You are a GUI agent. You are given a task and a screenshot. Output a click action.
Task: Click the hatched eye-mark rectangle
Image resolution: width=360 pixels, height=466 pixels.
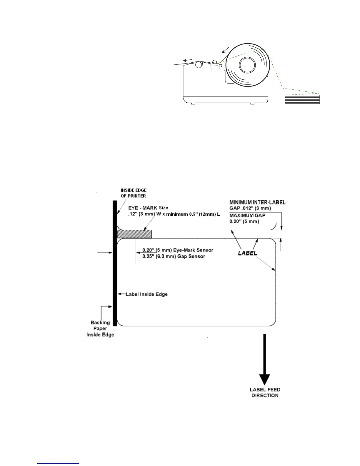(134, 234)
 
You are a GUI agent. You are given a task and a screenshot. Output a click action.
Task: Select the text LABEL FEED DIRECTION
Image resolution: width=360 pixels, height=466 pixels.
(265, 392)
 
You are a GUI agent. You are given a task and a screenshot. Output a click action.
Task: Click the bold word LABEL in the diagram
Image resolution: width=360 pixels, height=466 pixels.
(247, 253)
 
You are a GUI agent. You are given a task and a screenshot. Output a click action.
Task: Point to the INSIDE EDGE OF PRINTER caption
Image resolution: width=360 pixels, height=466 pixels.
(133, 193)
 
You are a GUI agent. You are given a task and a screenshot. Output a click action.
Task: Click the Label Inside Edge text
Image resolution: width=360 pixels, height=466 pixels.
(147, 294)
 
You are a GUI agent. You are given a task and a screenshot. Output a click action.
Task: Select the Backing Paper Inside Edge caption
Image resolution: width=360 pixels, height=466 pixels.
(100, 329)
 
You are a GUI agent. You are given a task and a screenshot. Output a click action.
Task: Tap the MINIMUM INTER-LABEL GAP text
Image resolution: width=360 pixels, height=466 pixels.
(257, 205)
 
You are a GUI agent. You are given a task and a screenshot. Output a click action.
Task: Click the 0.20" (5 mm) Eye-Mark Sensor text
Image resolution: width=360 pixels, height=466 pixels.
(178, 250)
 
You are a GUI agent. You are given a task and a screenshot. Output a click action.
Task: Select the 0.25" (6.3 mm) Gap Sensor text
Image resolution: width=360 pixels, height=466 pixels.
(174, 256)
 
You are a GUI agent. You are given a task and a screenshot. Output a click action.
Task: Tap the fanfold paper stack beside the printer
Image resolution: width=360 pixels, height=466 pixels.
(302, 99)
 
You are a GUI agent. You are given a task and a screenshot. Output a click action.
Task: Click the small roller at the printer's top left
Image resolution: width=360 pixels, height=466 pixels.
(199, 65)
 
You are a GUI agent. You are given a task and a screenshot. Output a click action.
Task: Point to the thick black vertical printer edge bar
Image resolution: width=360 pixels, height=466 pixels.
(115, 263)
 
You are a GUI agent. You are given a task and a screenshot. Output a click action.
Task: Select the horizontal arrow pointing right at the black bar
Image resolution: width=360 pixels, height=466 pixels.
(104, 252)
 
